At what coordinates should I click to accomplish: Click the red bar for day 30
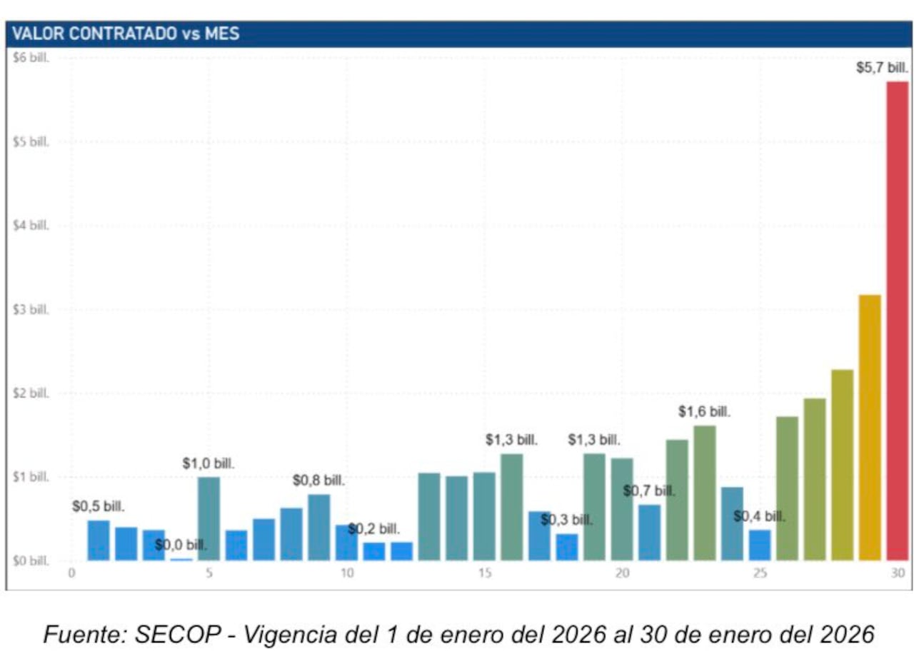click(897, 321)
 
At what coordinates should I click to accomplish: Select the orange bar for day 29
click(869, 428)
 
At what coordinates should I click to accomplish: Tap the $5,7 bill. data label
click(882, 69)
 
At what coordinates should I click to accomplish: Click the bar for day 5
click(209, 519)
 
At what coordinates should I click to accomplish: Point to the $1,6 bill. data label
click(704, 412)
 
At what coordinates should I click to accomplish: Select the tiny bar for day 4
click(181, 559)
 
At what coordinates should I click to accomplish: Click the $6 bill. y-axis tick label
click(31, 58)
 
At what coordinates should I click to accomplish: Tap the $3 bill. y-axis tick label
click(31, 310)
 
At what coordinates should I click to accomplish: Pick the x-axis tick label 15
click(484, 574)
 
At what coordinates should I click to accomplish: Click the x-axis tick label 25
click(760, 574)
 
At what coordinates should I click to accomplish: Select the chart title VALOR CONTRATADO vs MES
click(126, 34)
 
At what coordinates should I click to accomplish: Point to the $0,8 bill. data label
click(318, 481)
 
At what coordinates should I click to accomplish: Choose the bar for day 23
click(704, 493)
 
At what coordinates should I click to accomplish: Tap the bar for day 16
click(511, 508)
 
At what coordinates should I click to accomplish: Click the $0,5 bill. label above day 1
click(99, 507)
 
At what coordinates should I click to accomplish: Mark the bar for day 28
click(842, 465)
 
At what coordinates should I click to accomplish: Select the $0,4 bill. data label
click(759, 516)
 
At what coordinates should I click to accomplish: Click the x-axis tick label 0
click(71, 574)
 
